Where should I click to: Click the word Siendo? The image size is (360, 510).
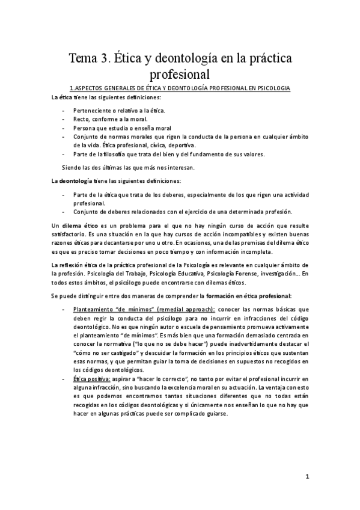73,167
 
